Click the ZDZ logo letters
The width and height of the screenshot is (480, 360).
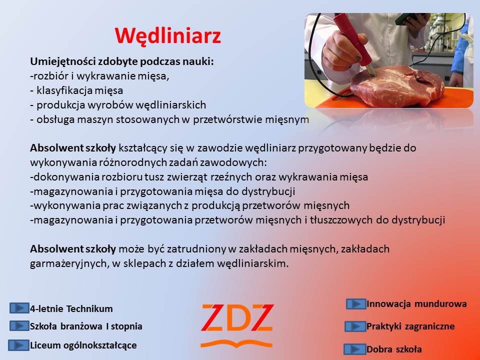click(x=237, y=317)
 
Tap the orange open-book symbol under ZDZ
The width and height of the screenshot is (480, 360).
click(x=236, y=343)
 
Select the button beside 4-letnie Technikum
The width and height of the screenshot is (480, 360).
click(x=19, y=308)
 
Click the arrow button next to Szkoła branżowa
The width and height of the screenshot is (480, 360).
click(x=19, y=325)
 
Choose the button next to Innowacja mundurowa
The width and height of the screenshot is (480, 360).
click(x=356, y=304)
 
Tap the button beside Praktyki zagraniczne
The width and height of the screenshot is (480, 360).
click(x=355, y=326)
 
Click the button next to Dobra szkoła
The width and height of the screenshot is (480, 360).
click(x=355, y=349)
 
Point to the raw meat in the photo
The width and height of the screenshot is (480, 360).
click(x=397, y=86)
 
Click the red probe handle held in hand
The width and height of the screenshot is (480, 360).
click(x=352, y=36)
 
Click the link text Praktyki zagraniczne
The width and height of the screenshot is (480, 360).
click(x=410, y=326)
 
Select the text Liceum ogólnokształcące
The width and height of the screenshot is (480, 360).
click(x=83, y=345)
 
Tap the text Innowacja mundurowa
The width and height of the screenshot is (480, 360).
click(x=416, y=304)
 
